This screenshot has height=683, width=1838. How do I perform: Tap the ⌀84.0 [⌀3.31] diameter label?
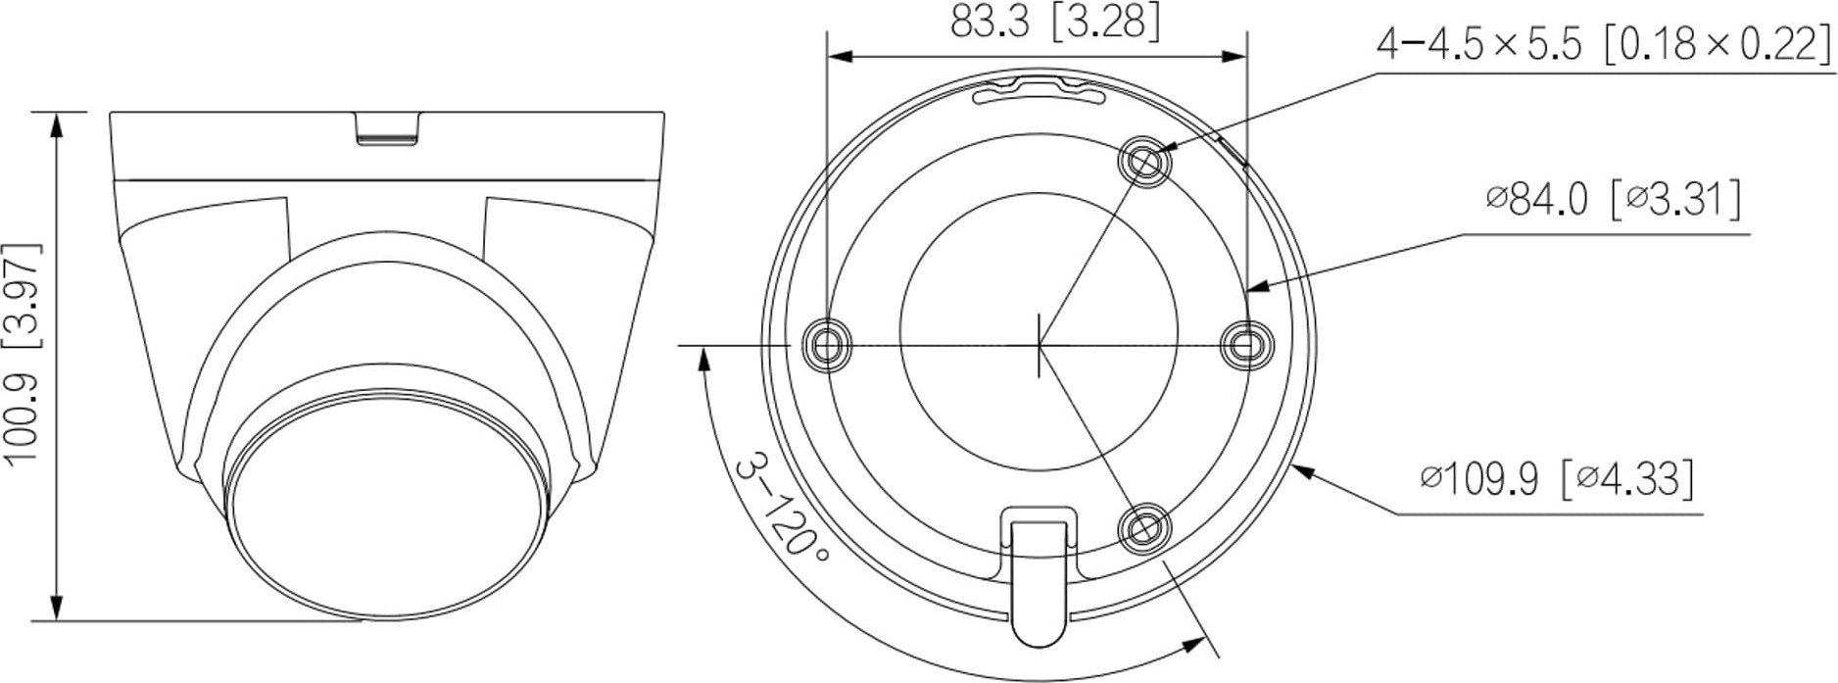click(1613, 200)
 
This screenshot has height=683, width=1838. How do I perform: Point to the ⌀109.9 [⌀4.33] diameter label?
click(1558, 479)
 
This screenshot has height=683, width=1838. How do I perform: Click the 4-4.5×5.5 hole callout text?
click(1603, 45)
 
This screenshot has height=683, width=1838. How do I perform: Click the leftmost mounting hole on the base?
click(827, 344)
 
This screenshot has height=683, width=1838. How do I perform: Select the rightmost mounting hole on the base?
click(1246, 344)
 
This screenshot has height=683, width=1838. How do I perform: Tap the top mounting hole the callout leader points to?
click(1143, 159)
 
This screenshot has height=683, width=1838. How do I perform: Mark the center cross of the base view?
click(1039, 344)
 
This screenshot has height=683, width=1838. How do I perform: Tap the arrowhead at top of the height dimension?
click(58, 123)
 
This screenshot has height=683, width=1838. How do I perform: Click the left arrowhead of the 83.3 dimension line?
click(839, 57)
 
